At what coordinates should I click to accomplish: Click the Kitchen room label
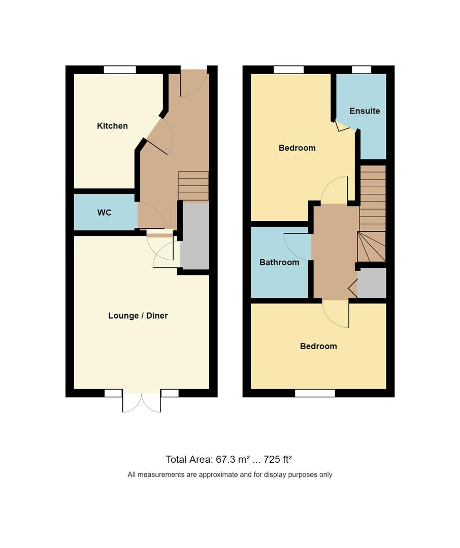pos(112,126)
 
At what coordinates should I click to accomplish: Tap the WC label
pos(105,213)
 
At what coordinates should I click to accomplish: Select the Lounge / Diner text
pos(138,316)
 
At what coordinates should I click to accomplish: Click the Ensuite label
pos(365,111)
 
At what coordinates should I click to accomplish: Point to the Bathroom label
pos(279,262)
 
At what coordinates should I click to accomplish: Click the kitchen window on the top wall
pos(120,70)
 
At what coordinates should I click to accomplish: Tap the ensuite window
pos(361,70)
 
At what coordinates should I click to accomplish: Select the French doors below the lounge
pos(142,402)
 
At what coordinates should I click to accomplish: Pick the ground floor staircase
pos(193,186)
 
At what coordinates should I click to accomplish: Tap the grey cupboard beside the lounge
pos(195,236)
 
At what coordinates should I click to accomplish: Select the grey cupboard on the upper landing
pos(372,283)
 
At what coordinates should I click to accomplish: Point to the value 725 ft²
pos(278,460)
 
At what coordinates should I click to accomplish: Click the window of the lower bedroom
pos(315,393)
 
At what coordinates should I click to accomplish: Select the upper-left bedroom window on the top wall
pos(288,70)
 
